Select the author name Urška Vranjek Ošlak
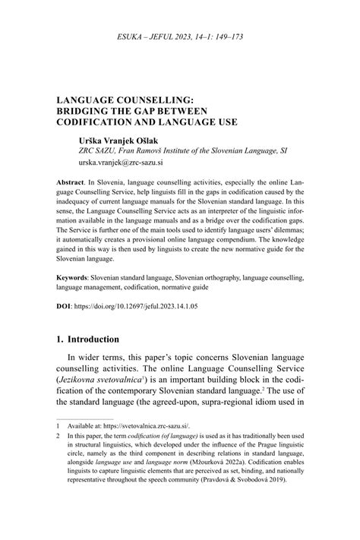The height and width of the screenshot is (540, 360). (115, 141)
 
